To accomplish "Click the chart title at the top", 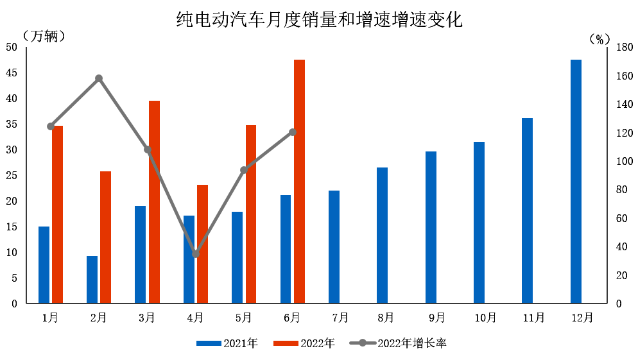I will coord(319,19).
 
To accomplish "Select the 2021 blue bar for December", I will coord(576,181).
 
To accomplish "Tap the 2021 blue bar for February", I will coord(92,279).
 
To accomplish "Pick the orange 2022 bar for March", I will coord(154,201).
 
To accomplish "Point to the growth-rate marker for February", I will coord(99,78).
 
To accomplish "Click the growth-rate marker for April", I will coord(196,254).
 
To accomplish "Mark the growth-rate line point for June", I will coord(293,132).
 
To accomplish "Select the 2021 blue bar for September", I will coord(431,227).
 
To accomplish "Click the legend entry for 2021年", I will coord(227,343).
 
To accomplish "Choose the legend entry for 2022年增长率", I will coord(398,343).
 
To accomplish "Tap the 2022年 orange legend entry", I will coord(304,343).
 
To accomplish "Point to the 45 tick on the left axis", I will coord(12,73).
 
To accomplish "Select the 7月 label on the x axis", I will coord(341,317).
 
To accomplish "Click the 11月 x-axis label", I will coord(534,317).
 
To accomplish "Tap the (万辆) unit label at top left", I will coord(44,36).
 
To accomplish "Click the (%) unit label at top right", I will coord(599,39).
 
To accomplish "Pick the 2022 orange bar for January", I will coord(58,214).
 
